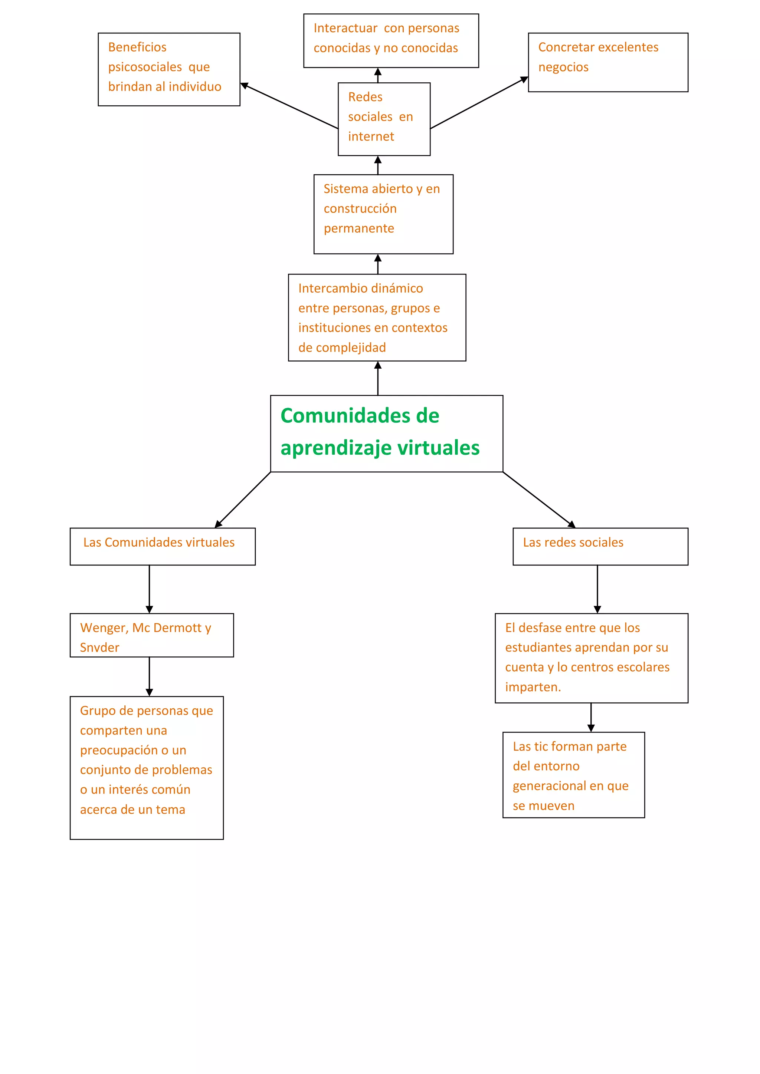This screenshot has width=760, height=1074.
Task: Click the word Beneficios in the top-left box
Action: [137, 47]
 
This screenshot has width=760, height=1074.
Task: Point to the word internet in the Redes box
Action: [371, 136]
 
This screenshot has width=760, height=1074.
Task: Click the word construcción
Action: [360, 209]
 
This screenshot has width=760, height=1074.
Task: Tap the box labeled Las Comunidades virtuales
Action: [163, 546]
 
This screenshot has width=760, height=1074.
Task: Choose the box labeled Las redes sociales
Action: [600, 546]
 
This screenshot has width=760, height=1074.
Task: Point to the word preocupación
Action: [119, 750]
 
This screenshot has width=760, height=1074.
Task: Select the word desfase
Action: [540, 628]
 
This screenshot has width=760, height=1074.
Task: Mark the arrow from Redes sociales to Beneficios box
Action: [289, 106]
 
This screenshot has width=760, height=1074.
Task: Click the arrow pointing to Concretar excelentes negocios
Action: [479, 103]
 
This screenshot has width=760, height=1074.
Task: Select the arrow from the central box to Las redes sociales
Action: [539, 500]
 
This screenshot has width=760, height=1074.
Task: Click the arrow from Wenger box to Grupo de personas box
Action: [149, 676]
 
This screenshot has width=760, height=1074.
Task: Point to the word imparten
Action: [533, 687]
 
